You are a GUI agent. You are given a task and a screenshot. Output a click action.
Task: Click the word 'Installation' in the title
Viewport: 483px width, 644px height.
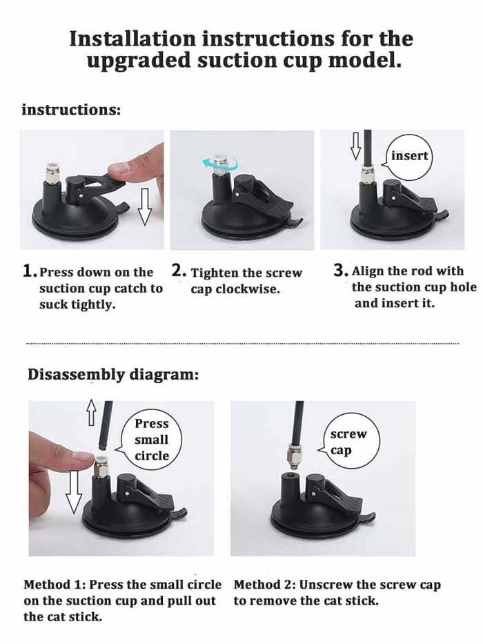click(132, 39)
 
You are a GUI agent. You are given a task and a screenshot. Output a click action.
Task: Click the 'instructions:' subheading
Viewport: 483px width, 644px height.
click(72, 110)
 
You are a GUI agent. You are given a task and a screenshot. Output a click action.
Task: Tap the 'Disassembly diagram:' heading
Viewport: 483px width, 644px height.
click(113, 375)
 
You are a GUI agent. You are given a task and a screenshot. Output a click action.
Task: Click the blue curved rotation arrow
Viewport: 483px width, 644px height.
click(219, 164)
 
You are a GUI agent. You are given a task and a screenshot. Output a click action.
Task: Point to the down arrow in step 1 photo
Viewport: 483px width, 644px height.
click(145, 206)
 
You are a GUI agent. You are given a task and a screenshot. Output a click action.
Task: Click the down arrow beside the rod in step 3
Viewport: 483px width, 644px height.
click(355, 146)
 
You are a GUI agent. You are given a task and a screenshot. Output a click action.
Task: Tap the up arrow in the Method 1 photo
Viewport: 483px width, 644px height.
click(91, 412)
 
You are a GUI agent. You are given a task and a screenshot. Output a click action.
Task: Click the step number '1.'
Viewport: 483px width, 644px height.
click(30, 271)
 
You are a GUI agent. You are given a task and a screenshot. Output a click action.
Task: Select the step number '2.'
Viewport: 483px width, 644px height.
click(179, 271)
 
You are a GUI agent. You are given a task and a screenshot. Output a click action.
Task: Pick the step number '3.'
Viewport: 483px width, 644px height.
click(341, 271)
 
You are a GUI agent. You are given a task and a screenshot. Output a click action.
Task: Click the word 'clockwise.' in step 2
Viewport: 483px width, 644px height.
click(248, 289)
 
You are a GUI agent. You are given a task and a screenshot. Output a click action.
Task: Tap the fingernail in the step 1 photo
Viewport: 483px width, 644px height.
click(120, 168)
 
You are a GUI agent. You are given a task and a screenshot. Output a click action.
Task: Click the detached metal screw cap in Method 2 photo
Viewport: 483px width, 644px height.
click(294, 458)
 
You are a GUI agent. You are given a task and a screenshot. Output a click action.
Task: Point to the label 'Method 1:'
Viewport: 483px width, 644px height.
click(55, 585)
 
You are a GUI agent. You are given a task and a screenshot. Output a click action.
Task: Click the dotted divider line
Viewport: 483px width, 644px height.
click(243, 343)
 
